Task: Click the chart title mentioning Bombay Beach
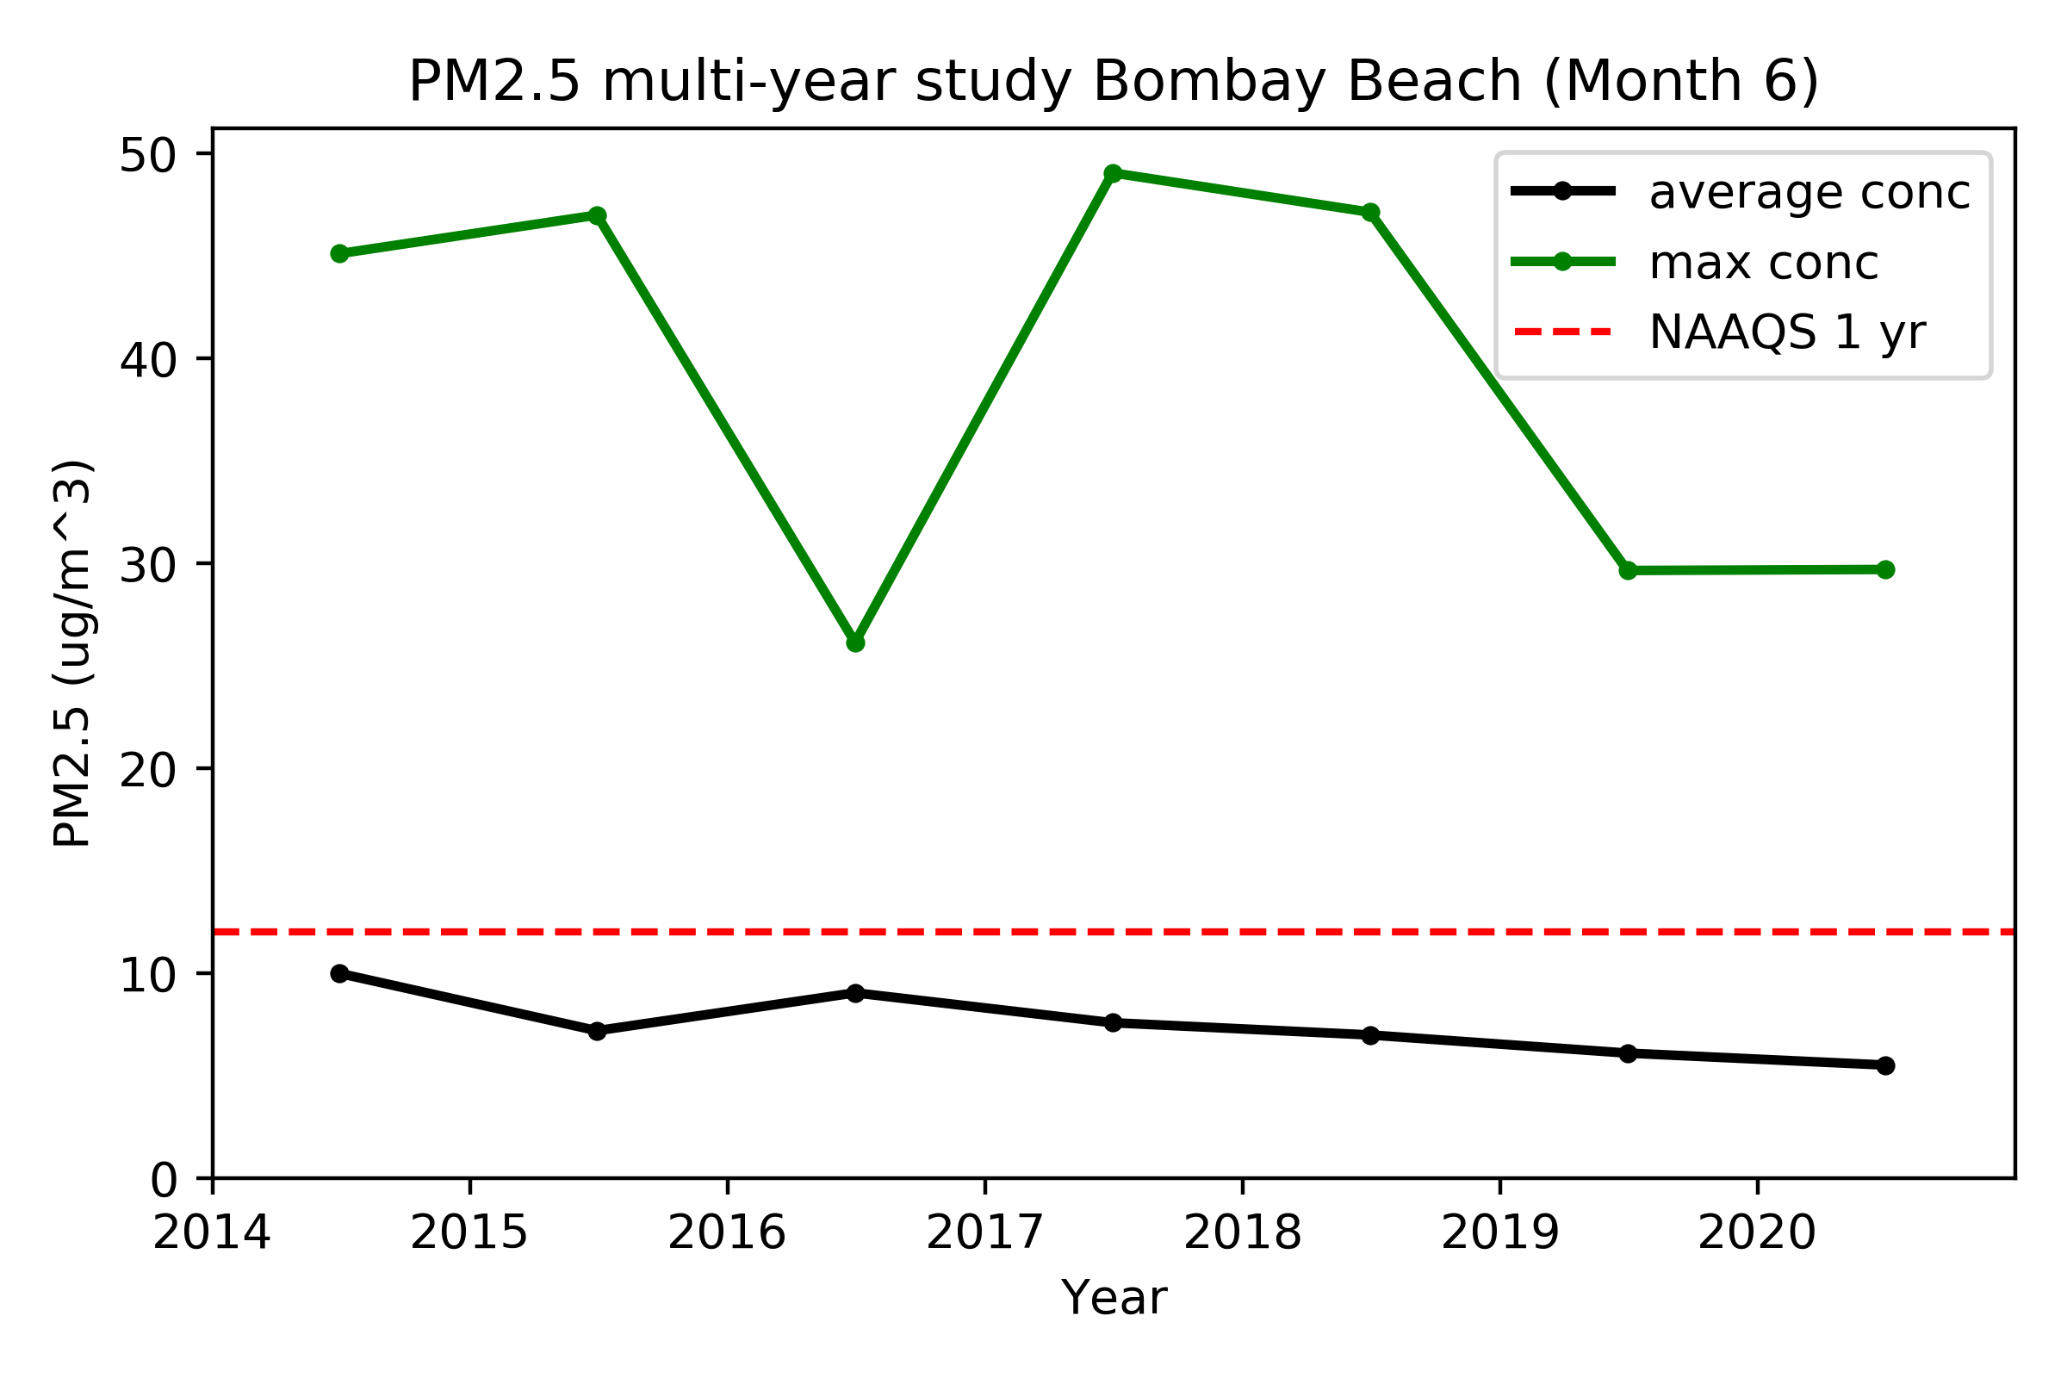click(x=1113, y=83)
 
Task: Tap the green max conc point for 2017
click(x=1113, y=173)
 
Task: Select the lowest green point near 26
click(x=855, y=643)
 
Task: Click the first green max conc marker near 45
click(x=339, y=254)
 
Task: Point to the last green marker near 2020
click(x=1885, y=569)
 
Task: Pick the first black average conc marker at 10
click(x=339, y=974)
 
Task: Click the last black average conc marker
click(x=1885, y=1065)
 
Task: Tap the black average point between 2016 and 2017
click(x=855, y=993)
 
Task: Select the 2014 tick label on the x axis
click(x=212, y=1233)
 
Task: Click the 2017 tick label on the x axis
click(x=984, y=1233)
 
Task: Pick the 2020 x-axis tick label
click(x=1757, y=1233)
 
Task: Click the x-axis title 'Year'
click(x=1114, y=1298)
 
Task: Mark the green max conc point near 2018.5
click(x=1370, y=213)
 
